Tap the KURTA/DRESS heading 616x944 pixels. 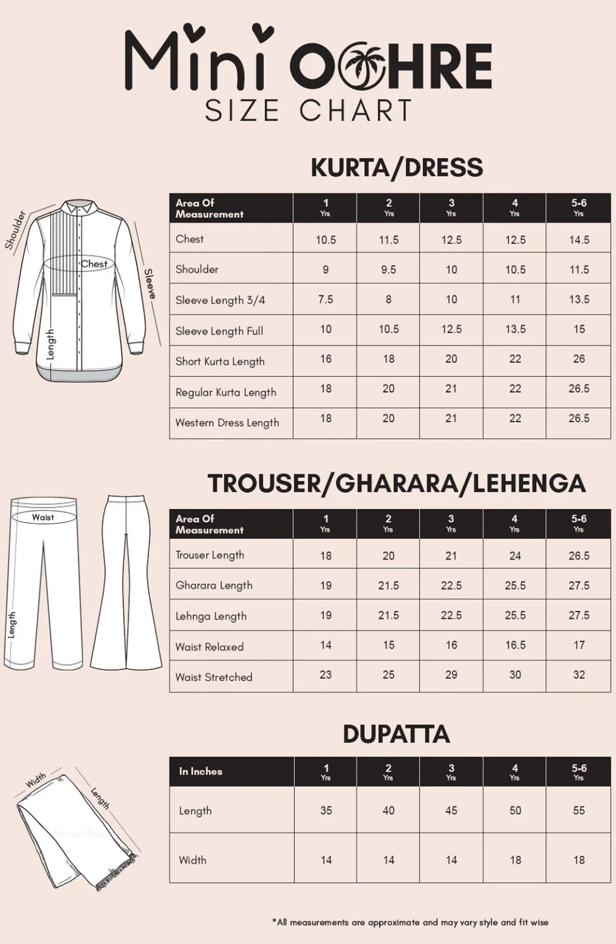pos(397,167)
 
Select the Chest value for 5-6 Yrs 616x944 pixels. pos(579,240)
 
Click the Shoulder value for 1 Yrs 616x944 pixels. pos(325,270)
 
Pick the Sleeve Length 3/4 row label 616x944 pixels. pos(220,300)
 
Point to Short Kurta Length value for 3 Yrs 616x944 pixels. pos(451,359)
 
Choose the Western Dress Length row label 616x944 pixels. pos(227,423)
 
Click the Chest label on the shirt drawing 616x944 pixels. pos(94,264)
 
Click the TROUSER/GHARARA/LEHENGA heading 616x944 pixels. pos(397,483)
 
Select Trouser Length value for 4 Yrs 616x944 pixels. pos(515,556)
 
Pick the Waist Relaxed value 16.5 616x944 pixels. pos(515,645)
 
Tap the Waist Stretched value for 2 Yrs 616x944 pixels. pos(388,675)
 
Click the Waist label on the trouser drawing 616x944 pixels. pos(43,517)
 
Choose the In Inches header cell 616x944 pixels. pos(200,771)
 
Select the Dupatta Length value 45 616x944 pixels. pos(451,810)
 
